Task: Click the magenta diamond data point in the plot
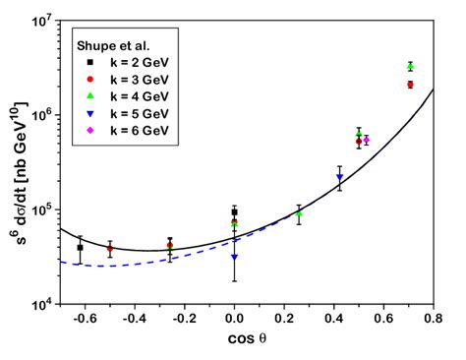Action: click(366, 140)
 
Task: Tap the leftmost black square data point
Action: click(81, 248)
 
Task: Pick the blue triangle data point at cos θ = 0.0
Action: click(234, 258)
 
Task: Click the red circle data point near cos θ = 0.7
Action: click(410, 85)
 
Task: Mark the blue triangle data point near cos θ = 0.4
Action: click(339, 178)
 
